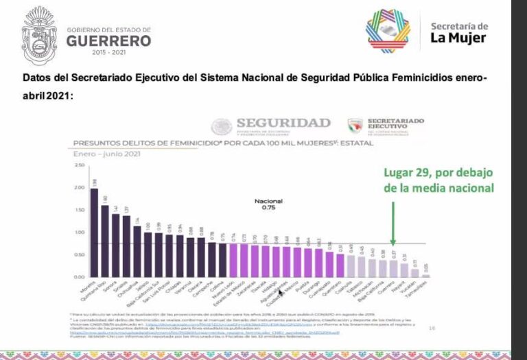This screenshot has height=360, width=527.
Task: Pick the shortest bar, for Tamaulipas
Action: pos(425,275)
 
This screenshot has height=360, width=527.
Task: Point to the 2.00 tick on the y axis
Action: pos(79,187)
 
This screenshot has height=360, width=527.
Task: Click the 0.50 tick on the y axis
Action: pos(79,254)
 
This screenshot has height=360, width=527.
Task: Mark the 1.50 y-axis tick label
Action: pos(79,210)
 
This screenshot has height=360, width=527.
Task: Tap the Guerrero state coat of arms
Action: pos(40,35)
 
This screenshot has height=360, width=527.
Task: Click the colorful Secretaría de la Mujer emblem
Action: pos(388,31)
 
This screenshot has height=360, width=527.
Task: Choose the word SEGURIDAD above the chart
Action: pos(283,123)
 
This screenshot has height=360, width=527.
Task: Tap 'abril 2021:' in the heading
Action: pos(47,95)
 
